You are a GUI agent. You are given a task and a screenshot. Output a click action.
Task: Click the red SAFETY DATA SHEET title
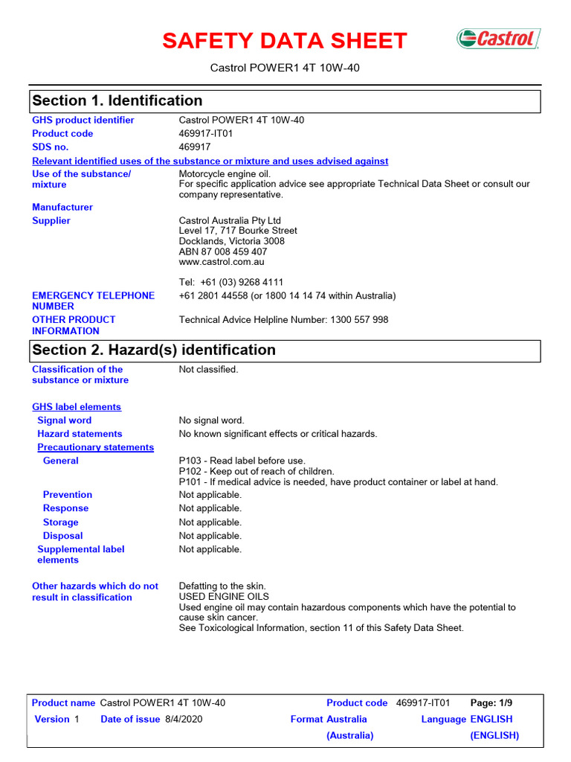coord(285,41)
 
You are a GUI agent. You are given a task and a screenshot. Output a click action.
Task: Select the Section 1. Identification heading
coord(117,100)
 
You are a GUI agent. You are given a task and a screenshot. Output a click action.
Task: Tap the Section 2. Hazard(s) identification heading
coord(153,350)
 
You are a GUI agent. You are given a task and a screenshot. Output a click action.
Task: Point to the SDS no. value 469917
coord(195,147)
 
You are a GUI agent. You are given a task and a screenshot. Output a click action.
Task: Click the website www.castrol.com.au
coord(222,262)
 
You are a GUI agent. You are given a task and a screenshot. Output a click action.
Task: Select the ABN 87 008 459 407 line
coord(223,252)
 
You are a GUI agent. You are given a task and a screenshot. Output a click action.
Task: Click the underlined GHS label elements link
coord(77,407)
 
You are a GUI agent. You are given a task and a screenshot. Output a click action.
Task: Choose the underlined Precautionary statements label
coord(96,447)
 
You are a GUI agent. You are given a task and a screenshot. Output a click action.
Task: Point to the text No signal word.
coord(212,420)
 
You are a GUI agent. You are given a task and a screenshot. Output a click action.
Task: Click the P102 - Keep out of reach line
coord(257,471)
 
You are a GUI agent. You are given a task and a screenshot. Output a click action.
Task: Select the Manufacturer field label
coord(62,207)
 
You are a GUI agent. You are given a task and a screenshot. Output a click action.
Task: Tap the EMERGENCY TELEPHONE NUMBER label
coord(93,301)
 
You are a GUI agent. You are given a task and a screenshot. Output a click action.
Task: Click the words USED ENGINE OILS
coord(224,597)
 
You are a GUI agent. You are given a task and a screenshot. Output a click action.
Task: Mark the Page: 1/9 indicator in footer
coord(491,702)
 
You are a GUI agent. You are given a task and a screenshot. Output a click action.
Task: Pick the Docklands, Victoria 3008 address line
coord(232,241)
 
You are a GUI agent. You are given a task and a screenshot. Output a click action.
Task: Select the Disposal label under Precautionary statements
coord(62,536)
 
